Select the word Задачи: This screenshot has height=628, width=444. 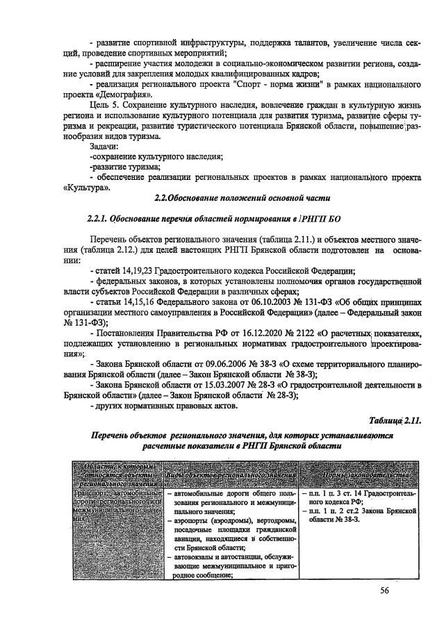(x=104, y=147)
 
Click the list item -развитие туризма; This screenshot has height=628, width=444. (x=124, y=167)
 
